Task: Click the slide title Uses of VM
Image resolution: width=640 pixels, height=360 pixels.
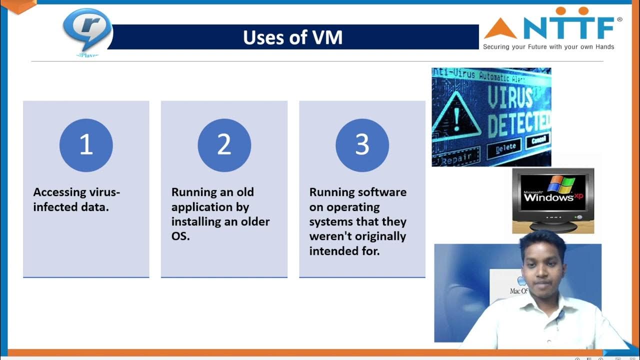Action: (x=292, y=37)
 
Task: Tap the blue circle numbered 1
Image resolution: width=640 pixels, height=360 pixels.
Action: (x=86, y=145)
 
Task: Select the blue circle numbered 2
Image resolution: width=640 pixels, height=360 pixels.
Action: (x=224, y=145)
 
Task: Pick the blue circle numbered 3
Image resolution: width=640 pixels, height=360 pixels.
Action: (x=362, y=145)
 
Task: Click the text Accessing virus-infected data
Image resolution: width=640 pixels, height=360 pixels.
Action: (x=76, y=199)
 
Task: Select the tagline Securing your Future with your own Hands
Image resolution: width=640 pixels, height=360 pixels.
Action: (x=548, y=47)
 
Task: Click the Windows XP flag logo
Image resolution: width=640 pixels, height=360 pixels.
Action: (x=561, y=183)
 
